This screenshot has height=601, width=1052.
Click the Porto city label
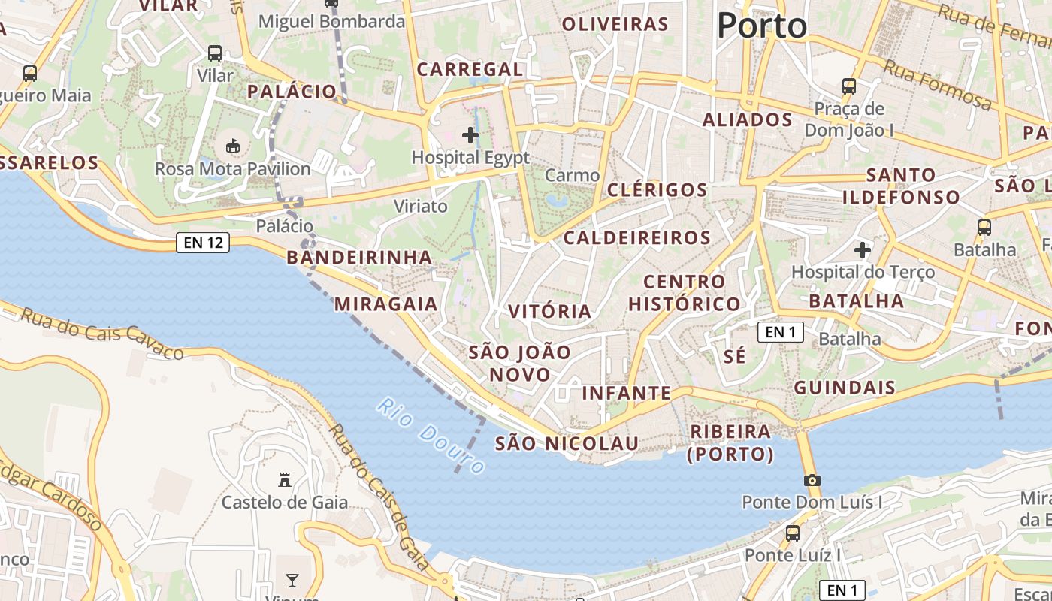762,26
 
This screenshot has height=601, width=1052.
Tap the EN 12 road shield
203,243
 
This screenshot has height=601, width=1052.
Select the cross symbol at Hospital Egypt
470,135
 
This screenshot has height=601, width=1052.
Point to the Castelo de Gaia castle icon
285,479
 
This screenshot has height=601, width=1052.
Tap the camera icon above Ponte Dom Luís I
812,480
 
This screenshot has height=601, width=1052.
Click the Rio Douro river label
431,435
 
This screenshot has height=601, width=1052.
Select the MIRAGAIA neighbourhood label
386,304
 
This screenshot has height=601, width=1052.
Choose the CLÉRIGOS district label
657,189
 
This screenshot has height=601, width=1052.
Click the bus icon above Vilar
215,53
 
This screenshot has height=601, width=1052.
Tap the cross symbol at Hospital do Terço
863,249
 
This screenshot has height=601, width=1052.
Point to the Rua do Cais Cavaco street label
101,333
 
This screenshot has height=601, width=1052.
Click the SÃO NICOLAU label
567,443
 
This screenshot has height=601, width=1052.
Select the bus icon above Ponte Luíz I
792,533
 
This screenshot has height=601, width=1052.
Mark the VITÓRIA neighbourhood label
550,311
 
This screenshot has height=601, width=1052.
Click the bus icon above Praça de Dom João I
849,86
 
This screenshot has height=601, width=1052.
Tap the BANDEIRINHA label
359,258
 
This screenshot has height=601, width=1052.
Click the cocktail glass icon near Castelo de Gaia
292,580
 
